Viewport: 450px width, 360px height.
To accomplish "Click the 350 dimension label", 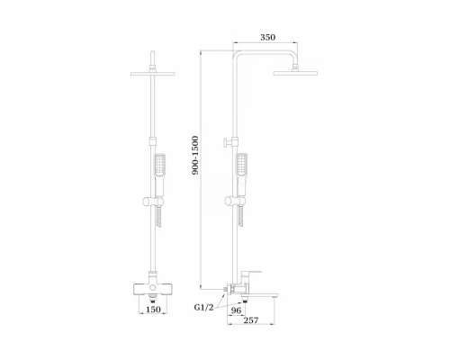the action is coord(267,37).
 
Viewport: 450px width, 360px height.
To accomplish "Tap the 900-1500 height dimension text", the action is coord(195,156).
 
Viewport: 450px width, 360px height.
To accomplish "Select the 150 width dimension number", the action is coord(153,310).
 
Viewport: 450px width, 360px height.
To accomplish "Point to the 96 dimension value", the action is coord(236,310).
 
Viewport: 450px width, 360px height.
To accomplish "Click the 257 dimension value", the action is coord(251,320).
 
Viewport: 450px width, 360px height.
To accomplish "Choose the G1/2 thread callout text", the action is coord(204,307).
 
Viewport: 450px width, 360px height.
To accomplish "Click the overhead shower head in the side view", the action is coord(295,73).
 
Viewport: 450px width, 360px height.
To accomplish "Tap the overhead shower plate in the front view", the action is coord(153,74).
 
